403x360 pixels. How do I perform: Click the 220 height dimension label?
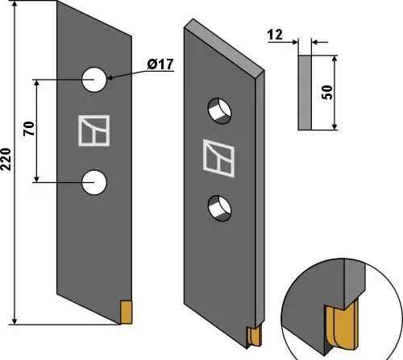pyautogui.click(x=6, y=159)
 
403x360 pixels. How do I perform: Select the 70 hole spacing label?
pyautogui.click(x=29, y=129)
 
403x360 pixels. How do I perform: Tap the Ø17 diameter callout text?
pyautogui.click(x=160, y=64)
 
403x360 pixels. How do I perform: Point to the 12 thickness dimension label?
pyautogui.click(x=275, y=35)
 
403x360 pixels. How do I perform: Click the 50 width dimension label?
pyautogui.click(x=327, y=93)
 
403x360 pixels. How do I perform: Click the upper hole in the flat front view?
pyautogui.click(x=94, y=80)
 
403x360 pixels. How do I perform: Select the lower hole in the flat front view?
pyautogui.click(x=94, y=182)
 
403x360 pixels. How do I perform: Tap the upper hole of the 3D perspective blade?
pyautogui.click(x=219, y=111)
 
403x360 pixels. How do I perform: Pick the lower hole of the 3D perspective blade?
pyautogui.click(x=219, y=209)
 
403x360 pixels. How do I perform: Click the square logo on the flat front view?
pyautogui.click(x=94, y=130)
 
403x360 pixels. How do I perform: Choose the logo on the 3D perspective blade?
pyautogui.click(x=218, y=158)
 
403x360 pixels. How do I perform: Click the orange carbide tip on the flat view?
pyautogui.click(x=126, y=312)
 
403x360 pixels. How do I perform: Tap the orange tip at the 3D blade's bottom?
pyautogui.click(x=255, y=337)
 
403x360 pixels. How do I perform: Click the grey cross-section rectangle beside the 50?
pyautogui.click(x=305, y=93)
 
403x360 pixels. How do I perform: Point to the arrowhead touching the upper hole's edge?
pyautogui.click(x=110, y=78)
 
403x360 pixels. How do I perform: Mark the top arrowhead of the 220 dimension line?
pyautogui.click(x=15, y=5)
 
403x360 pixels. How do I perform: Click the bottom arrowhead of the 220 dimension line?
pyautogui.click(x=15, y=321)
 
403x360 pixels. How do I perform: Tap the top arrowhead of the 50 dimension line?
pyautogui.click(x=334, y=59)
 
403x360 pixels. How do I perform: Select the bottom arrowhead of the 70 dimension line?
pyautogui.click(x=37, y=179)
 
